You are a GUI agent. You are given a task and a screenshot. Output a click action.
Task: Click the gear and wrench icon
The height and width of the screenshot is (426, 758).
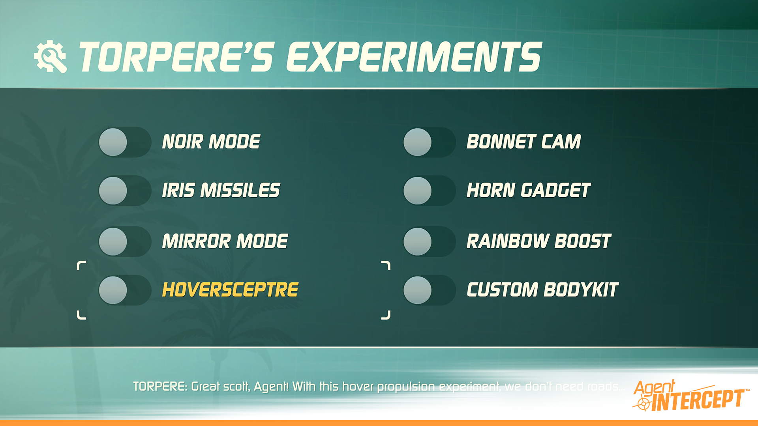point(51,57)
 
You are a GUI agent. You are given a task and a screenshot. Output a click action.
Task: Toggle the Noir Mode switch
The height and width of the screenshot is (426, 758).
point(125,142)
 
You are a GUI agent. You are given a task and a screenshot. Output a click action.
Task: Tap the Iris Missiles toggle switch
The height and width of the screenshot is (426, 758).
point(125,191)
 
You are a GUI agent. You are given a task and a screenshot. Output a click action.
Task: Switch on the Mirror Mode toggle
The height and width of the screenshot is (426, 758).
point(125,241)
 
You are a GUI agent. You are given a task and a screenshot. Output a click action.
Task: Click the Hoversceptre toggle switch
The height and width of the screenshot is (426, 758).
point(125,290)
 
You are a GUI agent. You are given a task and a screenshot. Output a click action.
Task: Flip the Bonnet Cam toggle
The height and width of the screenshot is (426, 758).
point(429,142)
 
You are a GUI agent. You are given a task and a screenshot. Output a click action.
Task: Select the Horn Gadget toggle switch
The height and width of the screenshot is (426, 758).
point(429,191)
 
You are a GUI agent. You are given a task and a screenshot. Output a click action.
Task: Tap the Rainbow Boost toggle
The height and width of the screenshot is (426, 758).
point(429,241)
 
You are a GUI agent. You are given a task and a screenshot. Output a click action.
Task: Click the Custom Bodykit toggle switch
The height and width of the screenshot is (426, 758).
point(429,290)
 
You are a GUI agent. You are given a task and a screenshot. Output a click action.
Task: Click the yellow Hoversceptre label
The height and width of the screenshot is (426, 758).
point(230,290)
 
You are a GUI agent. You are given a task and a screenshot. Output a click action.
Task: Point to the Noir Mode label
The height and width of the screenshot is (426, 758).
point(211,142)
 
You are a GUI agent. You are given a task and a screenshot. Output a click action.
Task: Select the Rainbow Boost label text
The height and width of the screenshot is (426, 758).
point(538,241)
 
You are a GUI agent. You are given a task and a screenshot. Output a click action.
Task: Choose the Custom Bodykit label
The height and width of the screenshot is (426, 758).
point(542,290)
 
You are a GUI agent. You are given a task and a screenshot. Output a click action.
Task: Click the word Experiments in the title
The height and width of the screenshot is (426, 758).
point(414,58)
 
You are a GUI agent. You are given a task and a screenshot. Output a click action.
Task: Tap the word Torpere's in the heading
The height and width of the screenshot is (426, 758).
point(176,58)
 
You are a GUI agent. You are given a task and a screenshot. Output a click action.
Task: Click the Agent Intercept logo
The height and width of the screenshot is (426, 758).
point(689,396)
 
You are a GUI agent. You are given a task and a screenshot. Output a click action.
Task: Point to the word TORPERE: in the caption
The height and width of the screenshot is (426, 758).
point(160,387)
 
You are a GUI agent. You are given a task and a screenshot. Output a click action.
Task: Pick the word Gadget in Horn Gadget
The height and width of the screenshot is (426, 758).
point(555,191)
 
